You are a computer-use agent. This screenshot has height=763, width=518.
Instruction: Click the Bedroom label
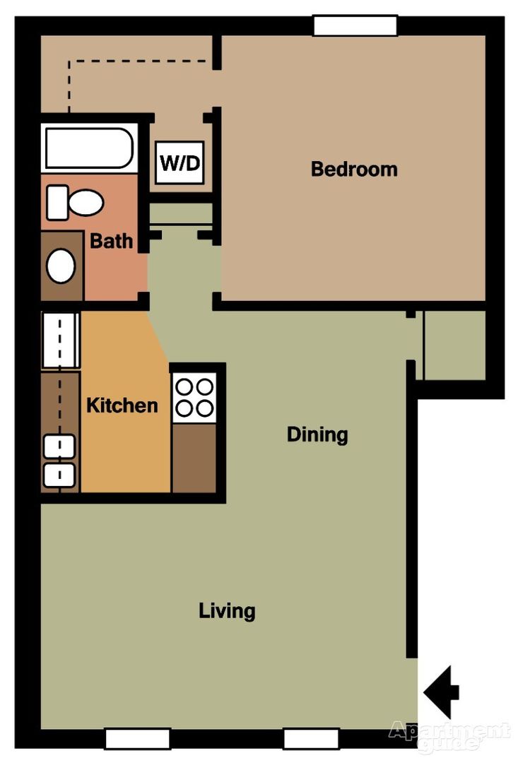[354, 170]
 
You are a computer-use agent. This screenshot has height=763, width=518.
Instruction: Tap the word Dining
[317, 434]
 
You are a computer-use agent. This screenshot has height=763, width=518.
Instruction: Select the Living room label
[227, 610]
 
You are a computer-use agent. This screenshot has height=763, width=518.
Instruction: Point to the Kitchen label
[122, 406]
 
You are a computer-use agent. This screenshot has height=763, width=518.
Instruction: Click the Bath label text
[111, 241]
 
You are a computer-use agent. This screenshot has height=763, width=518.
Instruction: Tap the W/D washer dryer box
[179, 163]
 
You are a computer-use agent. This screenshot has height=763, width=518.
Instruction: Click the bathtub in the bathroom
[88, 147]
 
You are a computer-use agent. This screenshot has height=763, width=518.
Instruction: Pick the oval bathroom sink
[61, 266]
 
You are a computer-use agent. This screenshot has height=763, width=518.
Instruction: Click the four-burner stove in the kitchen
[194, 397]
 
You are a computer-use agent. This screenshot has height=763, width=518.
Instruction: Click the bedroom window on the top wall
[355, 25]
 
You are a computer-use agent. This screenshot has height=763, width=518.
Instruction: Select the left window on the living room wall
[137, 738]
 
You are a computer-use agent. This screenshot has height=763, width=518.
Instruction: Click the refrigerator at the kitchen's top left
[60, 341]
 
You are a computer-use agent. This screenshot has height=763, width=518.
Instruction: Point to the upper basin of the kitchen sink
[59, 446]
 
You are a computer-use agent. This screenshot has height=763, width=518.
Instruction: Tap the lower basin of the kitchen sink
[59, 473]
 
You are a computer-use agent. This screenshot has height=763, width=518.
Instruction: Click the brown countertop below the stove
[194, 458]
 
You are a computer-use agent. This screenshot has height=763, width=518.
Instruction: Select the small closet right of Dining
[454, 345]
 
